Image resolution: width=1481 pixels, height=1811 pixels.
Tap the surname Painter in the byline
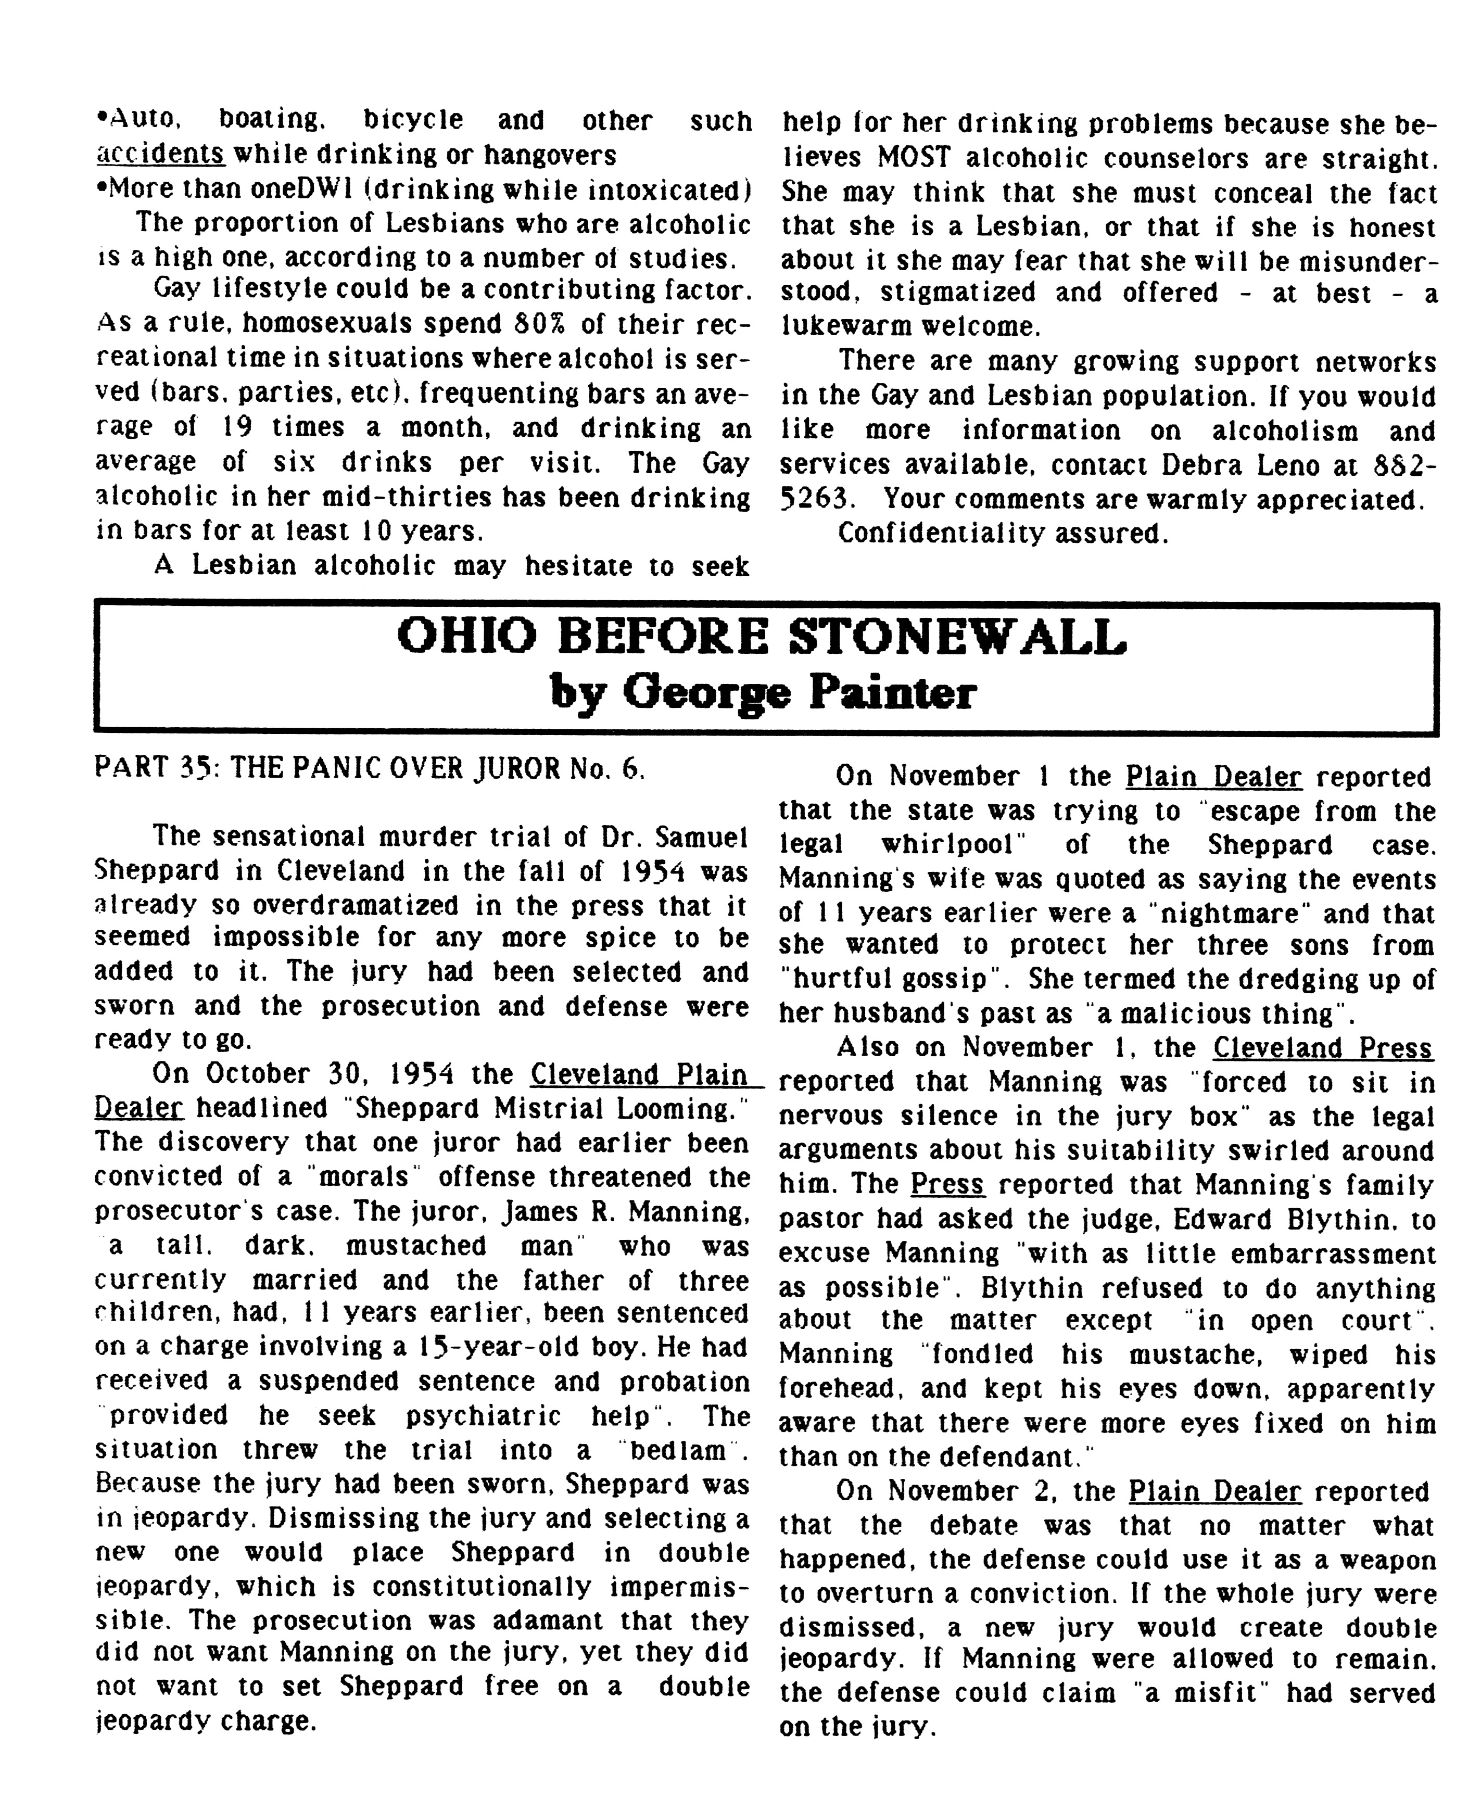(892, 693)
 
